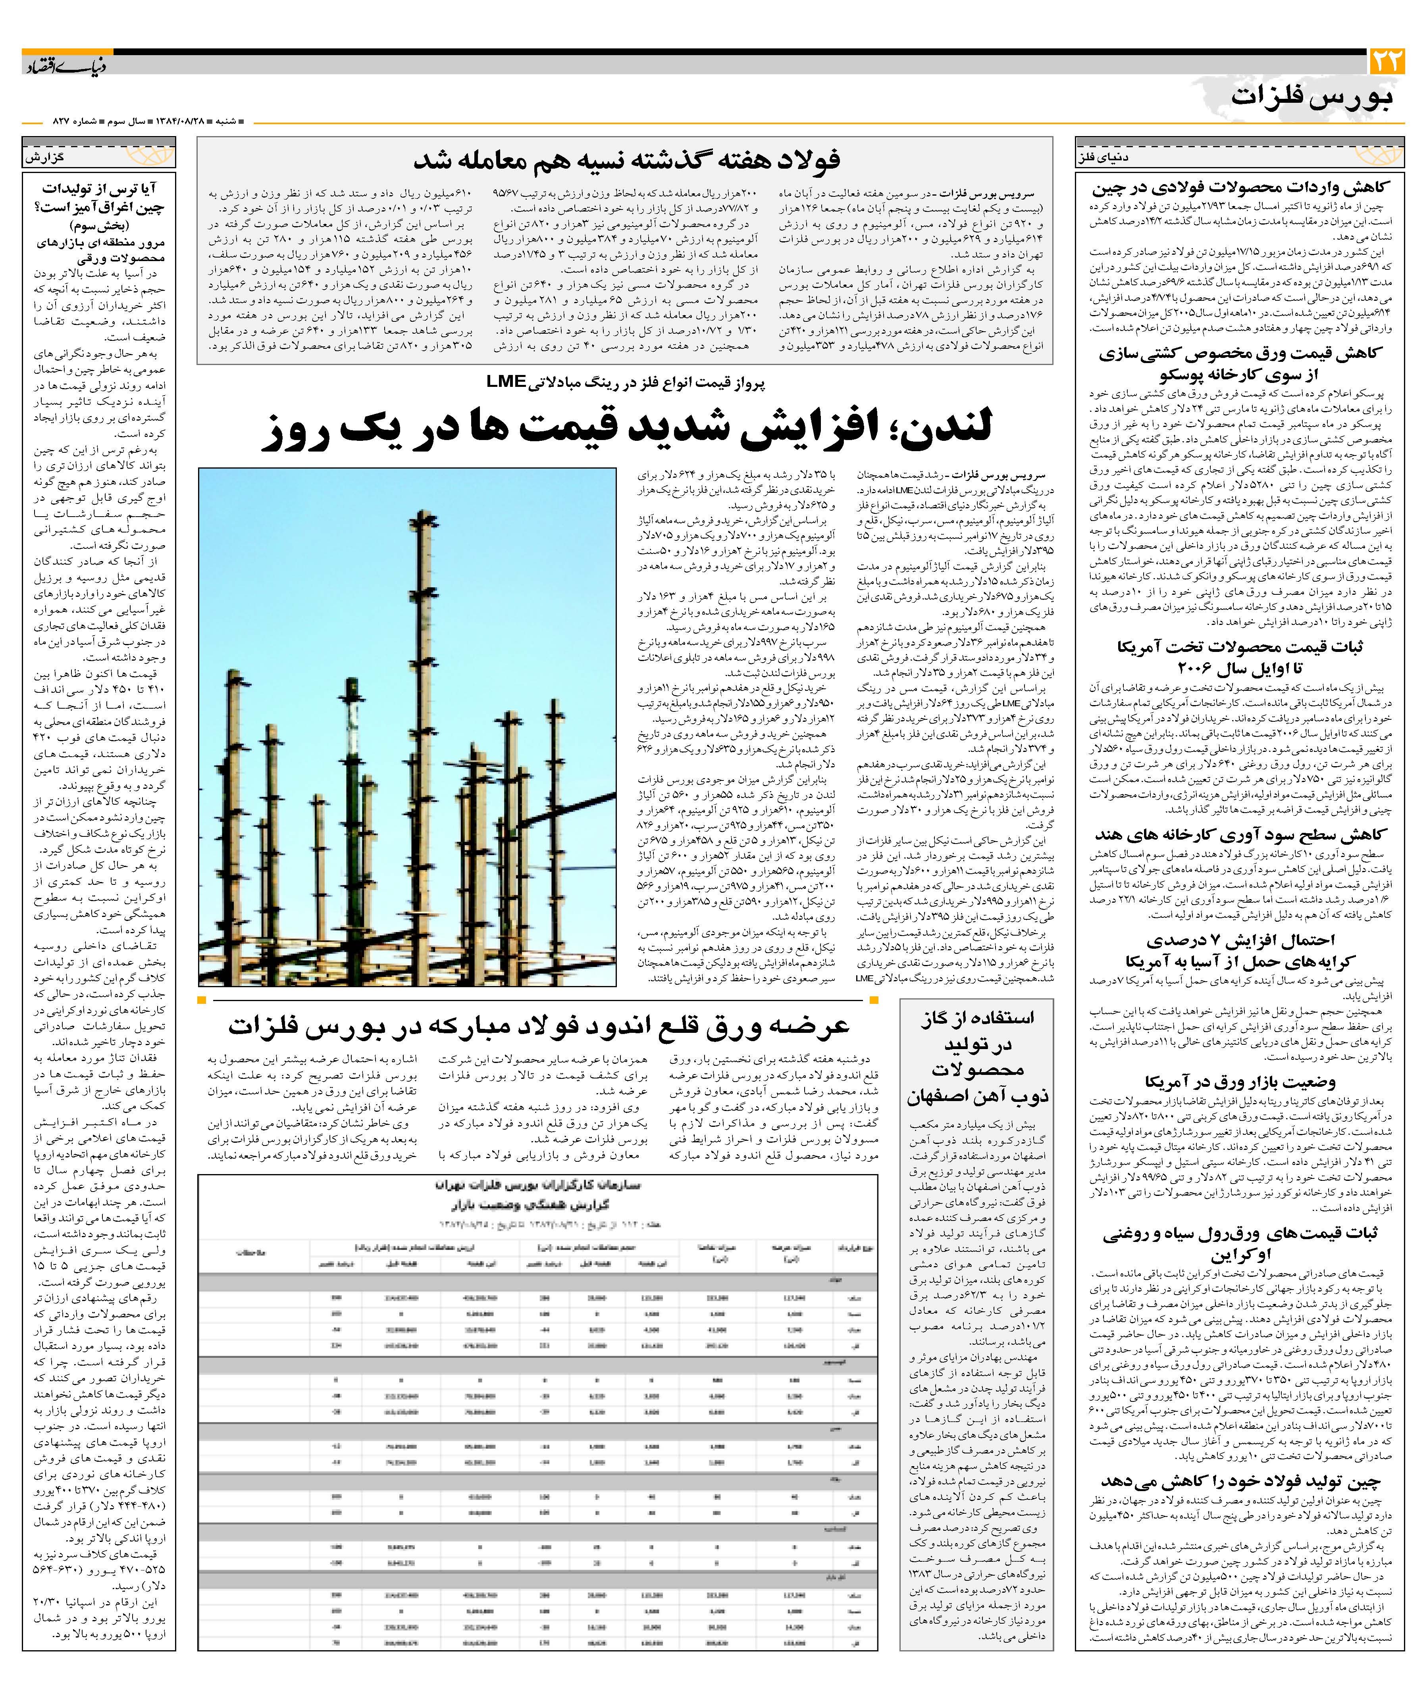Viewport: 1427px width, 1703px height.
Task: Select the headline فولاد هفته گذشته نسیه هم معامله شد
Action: (626, 160)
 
